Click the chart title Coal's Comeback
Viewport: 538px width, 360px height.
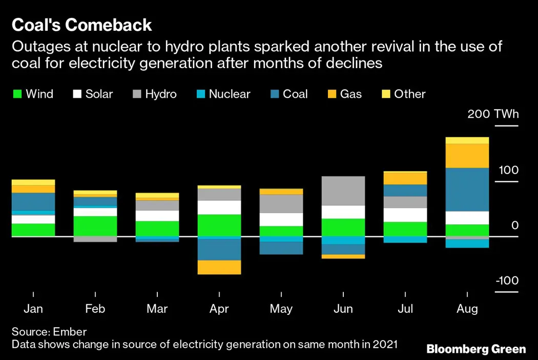click(82, 25)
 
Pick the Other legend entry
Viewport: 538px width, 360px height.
click(404, 94)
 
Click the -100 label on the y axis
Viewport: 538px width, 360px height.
click(507, 281)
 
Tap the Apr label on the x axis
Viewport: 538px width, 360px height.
click(219, 309)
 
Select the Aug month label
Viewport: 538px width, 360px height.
click(467, 309)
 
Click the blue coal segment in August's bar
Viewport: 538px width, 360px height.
click(467, 189)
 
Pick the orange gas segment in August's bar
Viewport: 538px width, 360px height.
click(467, 156)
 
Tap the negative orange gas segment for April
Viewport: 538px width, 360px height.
click(219, 267)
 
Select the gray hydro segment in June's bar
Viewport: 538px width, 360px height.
click(343, 190)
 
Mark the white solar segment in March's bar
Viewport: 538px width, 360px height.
click(157, 216)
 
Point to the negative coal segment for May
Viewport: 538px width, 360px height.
click(281, 248)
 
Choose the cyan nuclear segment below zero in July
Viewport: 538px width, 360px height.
click(405, 240)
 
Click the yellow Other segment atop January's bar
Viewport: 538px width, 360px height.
click(33, 182)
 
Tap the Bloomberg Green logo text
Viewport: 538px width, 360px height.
click(476, 349)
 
